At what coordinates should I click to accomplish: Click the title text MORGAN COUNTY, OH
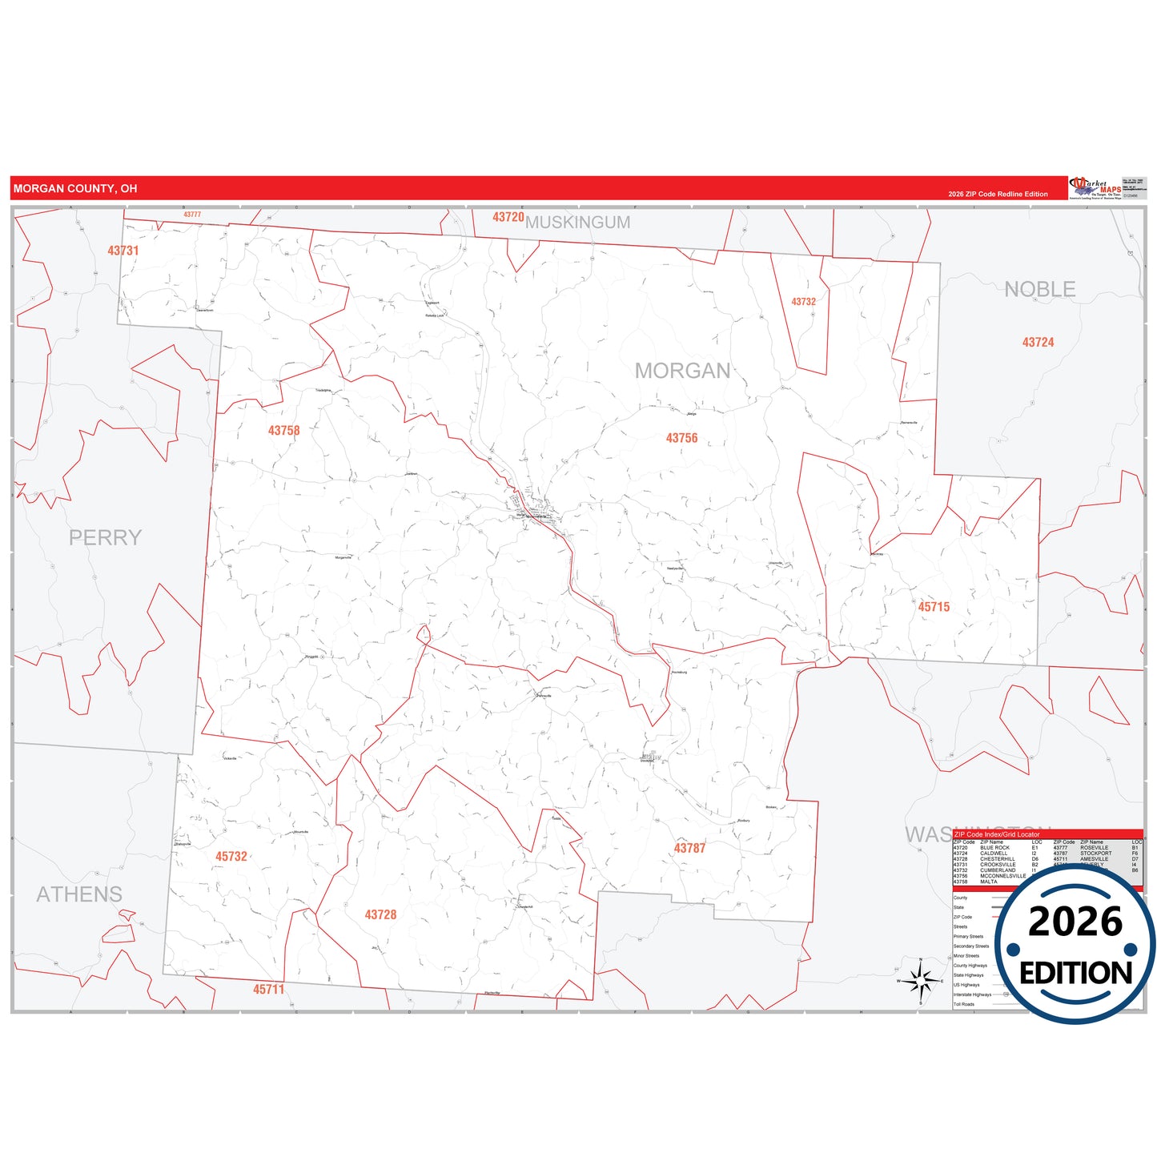pos(75,189)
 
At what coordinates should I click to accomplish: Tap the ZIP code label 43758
pos(283,431)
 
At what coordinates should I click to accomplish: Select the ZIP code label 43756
pos(681,438)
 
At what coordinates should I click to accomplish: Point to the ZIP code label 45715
pos(934,607)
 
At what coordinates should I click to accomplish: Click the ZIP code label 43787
pos(689,848)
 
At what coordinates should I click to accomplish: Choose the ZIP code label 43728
pos(380,914)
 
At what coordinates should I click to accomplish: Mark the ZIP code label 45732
pos(231,857)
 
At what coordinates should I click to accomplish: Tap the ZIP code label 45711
pos(269,990)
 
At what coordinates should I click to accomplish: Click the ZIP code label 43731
pos(123,251)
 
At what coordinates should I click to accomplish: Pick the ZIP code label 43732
pos(803,302)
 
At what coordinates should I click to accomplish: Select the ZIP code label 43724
pos(1038,343)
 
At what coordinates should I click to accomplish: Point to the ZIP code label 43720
pos(508,217)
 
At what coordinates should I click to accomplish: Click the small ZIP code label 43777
pos(192,215)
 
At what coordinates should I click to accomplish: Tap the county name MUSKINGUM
pos(578,223)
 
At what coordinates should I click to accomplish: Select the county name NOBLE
pos(1039,289)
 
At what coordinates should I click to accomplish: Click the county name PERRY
pos(105,537)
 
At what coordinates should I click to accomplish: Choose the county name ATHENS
pos(79,894)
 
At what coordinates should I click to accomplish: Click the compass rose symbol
pos(921,980)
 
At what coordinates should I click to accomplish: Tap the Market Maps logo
pos(1096,188)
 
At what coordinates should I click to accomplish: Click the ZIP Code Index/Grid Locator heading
pos(997,834)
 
